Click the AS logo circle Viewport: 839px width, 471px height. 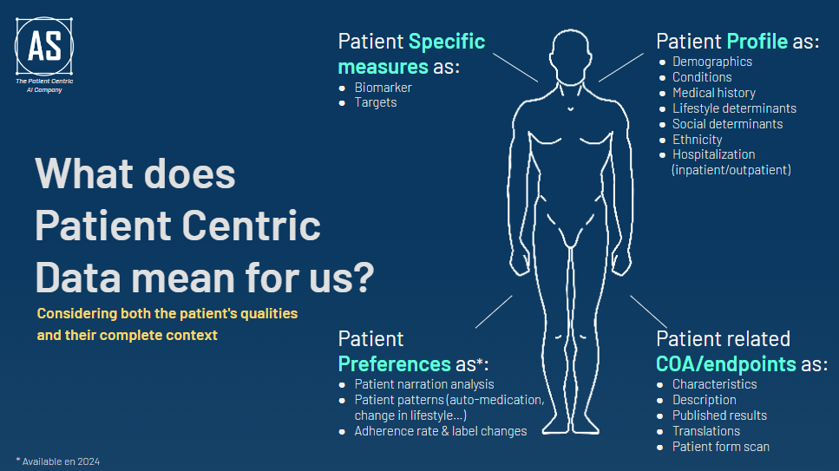(44, 45)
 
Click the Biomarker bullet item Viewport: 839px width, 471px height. (383, 88)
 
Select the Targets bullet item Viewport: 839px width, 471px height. (376, 102)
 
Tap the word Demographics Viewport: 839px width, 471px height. (711, 62)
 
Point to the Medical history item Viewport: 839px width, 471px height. (713, 93)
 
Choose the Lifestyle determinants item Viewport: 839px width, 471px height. (734, 108)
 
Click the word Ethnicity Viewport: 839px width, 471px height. (697, 140)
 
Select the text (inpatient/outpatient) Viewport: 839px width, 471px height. (731, 170)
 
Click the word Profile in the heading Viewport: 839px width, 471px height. (757, 41)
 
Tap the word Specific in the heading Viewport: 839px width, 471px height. (446, 41)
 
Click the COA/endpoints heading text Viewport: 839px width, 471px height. (725, 363)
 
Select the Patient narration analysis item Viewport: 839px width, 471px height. (424, 384)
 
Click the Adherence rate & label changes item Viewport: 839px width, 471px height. (440, 431)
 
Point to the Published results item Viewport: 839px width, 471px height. (719, 415)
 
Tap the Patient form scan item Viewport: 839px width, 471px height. (720, 447)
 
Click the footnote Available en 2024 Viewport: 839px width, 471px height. (61, 461)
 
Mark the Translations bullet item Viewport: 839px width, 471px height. (705, 431)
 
